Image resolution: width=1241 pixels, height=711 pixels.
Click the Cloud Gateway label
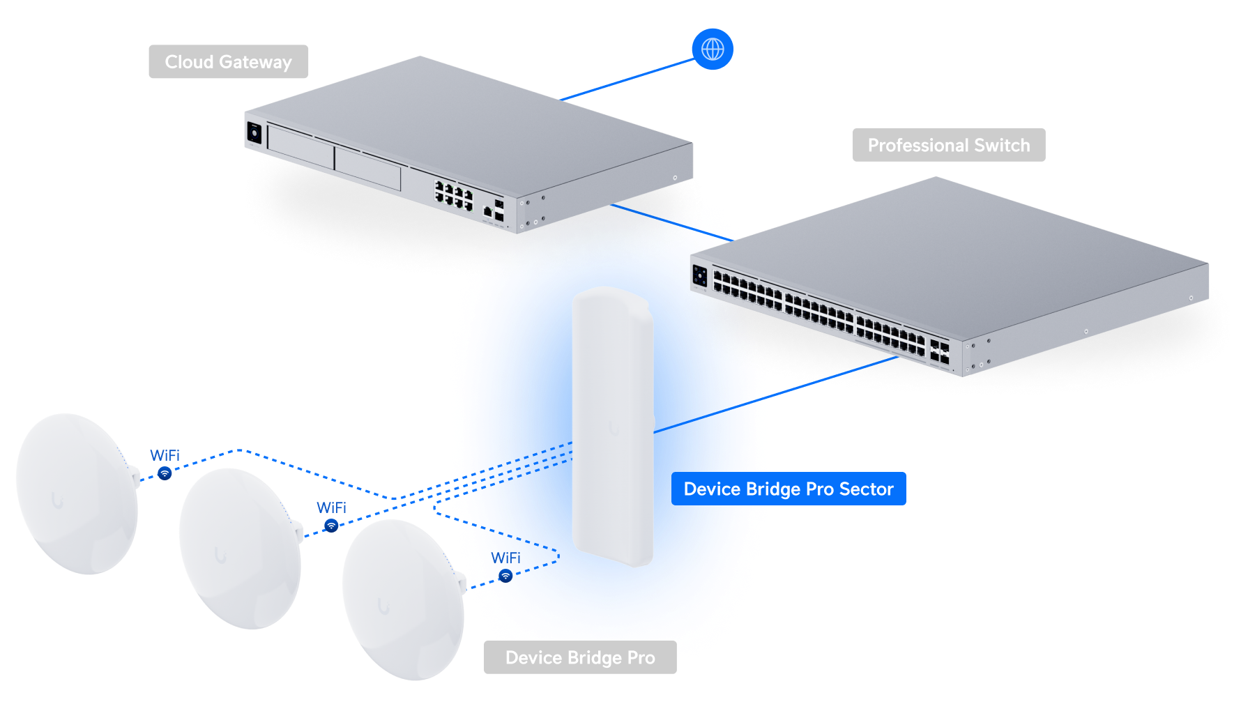[x=228, y=62]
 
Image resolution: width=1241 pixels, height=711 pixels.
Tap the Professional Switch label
[x=948, y=145]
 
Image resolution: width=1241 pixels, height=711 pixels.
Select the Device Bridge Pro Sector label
[x=788, y=489]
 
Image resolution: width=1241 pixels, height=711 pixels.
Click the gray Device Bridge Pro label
[x=580, y=657]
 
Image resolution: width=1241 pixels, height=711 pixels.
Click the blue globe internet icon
[x=712, y=49]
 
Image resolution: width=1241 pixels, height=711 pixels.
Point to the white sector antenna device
[x=612, y=425]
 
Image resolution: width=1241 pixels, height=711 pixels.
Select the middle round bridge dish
[x=239, y=549]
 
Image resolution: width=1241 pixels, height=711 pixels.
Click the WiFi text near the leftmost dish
[x=165, y=455]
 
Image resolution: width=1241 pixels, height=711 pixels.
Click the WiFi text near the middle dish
[x=331, y=507]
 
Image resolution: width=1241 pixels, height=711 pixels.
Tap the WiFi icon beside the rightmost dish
[x=506, y=576]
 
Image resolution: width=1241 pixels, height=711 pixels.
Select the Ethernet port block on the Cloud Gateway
[x=454, y=194]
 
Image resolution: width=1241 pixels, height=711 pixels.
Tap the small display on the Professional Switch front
[x=699, y=275]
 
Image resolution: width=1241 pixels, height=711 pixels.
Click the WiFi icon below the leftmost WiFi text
[x=165, y=473]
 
